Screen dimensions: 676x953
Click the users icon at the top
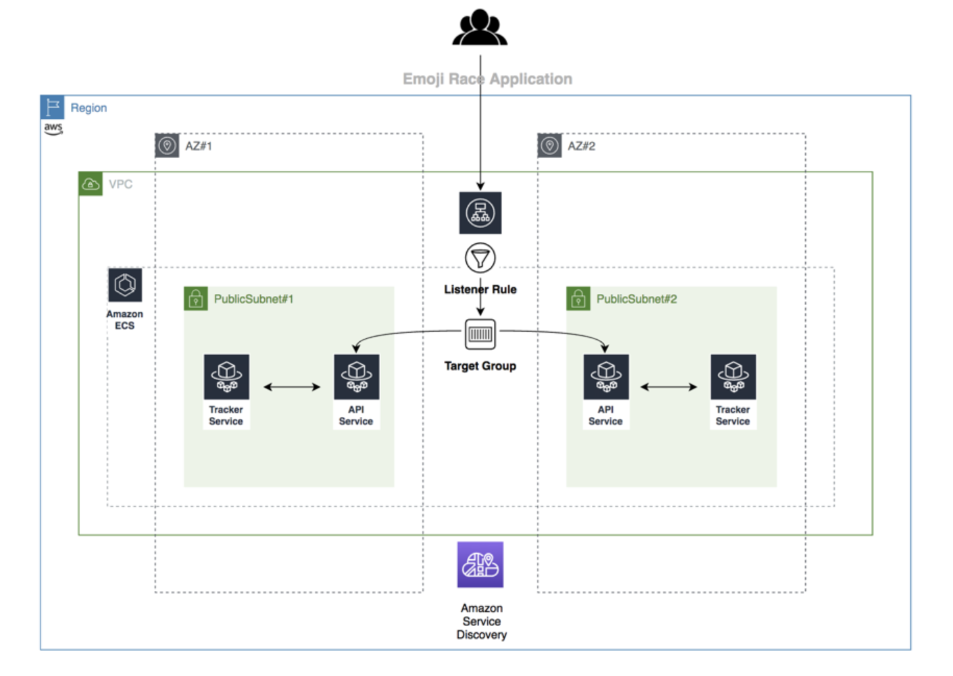click(x=480, y=28)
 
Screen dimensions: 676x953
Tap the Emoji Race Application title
click(x=487, y=79)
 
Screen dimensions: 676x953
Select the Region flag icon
click(x=53, y=107)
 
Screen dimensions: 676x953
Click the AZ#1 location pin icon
click(x=167, y=145)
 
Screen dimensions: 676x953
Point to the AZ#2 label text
click(x=581, y=146)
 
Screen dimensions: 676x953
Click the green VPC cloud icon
click(x=91, y=184)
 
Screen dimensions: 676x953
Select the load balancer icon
click(x=480, y=213)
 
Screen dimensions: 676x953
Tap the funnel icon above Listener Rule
click(x=480, y=258)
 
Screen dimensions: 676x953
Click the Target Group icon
click(x=480, y=334)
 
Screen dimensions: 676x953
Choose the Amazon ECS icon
click(x=125, y=285)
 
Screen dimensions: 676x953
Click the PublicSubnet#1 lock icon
click(x=195, y=299)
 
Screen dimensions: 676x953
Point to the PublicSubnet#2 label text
click(x=636, y=299)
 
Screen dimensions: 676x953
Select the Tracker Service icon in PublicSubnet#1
click(x=226, y=377)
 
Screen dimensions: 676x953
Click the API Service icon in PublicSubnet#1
click(x=356, y=377)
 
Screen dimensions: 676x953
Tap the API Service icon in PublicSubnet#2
click(x=606, y=377)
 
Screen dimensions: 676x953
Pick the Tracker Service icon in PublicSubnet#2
click(x=733, y=377)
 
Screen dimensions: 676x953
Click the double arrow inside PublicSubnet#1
click(x=292, y=387)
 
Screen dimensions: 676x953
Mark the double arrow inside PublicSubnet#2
click(x=668, y=387)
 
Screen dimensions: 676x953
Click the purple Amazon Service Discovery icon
click(x=480, y=564)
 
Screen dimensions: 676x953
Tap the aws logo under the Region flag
click(x=53, y=128)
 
